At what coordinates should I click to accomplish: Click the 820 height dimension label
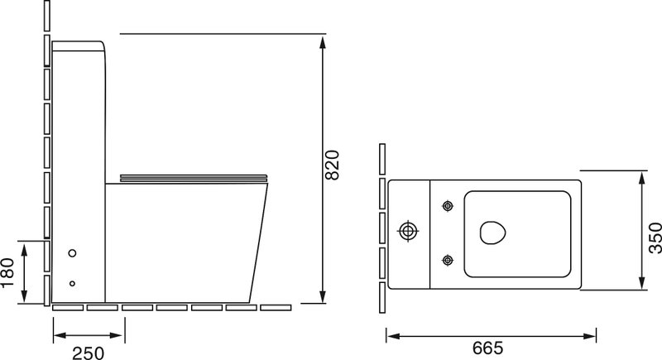pos(333,165)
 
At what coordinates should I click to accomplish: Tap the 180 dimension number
pos(8,272)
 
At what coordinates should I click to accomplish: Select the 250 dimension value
pos(89,353)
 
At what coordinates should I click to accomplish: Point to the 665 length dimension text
pos(488,348)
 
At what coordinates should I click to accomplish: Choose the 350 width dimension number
pos(655,238)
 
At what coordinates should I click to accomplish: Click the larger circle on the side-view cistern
pos(72,253)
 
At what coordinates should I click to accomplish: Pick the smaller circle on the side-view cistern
pos(72,284)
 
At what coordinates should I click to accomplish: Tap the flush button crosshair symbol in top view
pos(408,231)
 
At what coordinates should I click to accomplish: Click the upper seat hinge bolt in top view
pos(448,206)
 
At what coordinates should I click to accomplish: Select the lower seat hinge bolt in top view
pos(448,260)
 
